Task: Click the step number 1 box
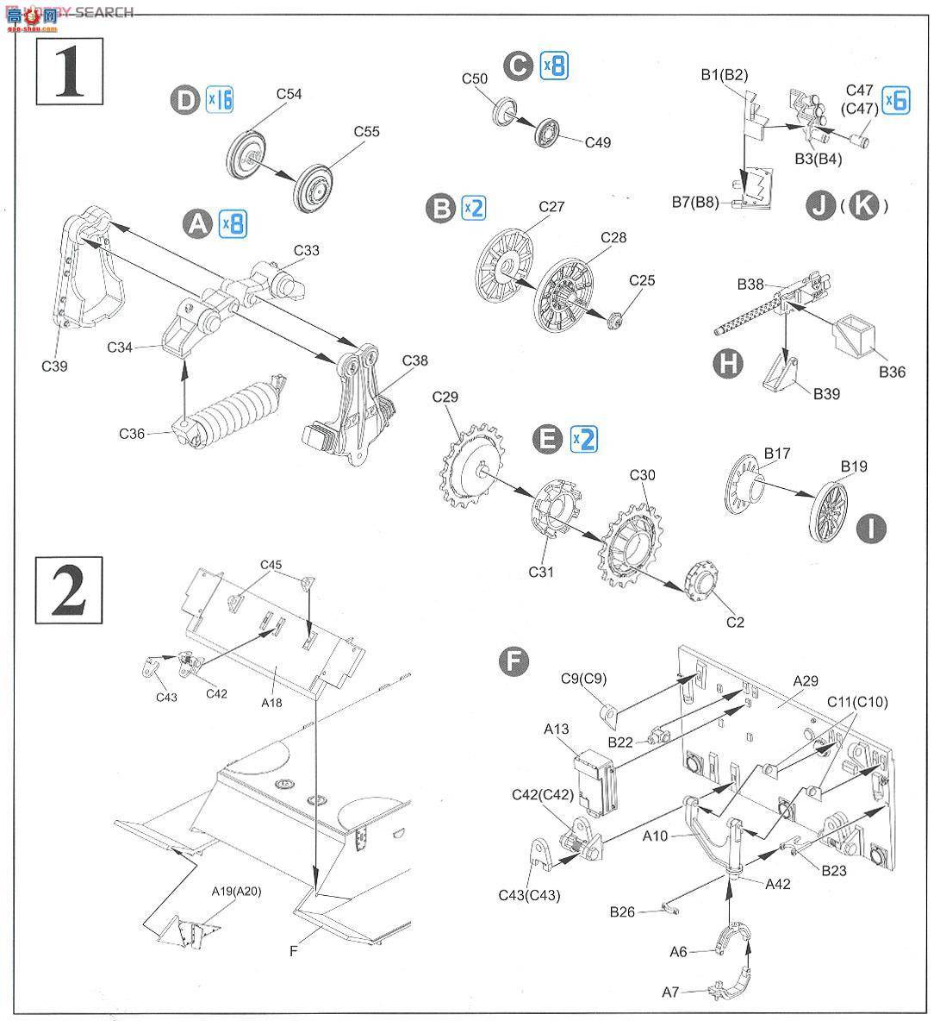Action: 70,72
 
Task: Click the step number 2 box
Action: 70,590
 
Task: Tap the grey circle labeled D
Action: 185,100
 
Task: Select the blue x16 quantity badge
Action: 220,100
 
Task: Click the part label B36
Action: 892,373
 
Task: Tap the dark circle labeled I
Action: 873,528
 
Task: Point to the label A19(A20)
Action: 237,892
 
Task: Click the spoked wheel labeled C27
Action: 501,260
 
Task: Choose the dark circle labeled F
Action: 514,662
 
